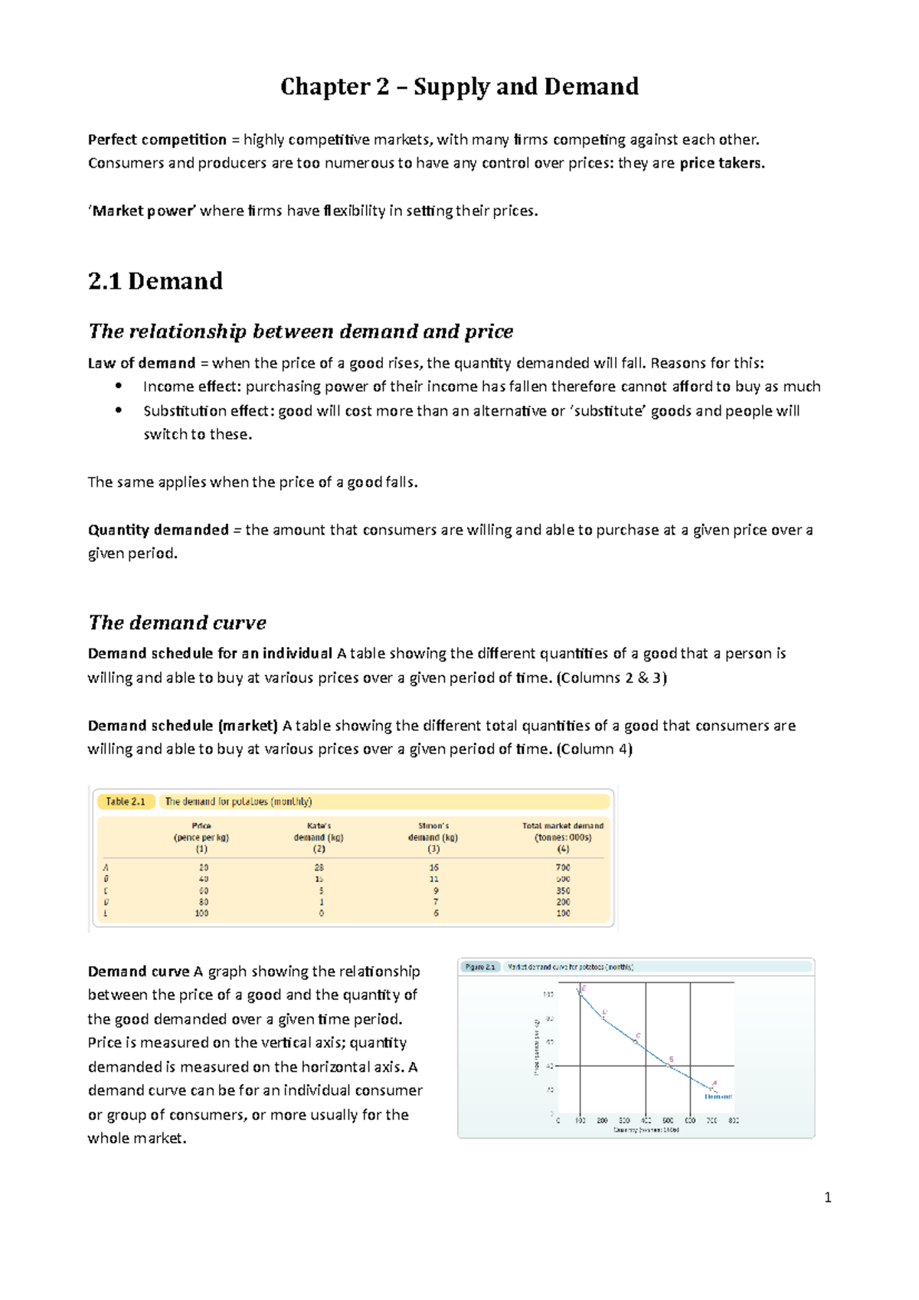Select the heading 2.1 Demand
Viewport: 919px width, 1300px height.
155,281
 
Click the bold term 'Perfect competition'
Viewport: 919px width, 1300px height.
157,139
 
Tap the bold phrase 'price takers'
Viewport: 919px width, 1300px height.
721,163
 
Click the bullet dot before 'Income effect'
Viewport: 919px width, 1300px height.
119,386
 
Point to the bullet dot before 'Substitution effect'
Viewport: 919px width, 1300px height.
119,410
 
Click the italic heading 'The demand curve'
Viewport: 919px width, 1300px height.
177,622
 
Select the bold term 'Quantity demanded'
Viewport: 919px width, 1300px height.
158,530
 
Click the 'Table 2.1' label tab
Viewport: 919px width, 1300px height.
125,802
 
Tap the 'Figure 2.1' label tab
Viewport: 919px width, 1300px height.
479,967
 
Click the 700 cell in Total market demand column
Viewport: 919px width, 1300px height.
563,867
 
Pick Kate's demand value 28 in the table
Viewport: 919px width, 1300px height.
319,867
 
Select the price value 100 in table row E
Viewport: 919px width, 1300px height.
201,913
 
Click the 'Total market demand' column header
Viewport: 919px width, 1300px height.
563,826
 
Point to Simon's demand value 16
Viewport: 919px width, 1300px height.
434,867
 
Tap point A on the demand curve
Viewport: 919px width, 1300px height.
711,1089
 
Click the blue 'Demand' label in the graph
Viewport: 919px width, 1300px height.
718,1096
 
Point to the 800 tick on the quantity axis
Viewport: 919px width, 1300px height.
734,1121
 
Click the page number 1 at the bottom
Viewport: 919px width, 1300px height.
827,1198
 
